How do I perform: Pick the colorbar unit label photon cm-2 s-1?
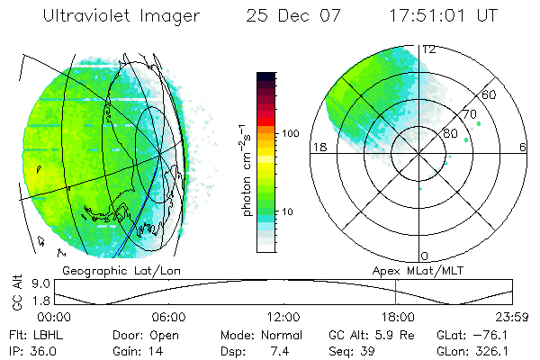pyautogui.click(x=245, y=170)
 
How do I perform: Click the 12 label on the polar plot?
pyautogui.click(x=430, y=49)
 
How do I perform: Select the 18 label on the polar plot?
pyautogui.click(x=318, y=147)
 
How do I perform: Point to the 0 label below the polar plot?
pyautogui.click(x=425, y=256)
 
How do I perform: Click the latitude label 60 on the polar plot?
pyautogui.click(x=490, y=94)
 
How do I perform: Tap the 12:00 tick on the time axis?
pyautogui.click(x=283, y=317)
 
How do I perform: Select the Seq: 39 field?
pyautogui.click(x=357, y=350)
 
